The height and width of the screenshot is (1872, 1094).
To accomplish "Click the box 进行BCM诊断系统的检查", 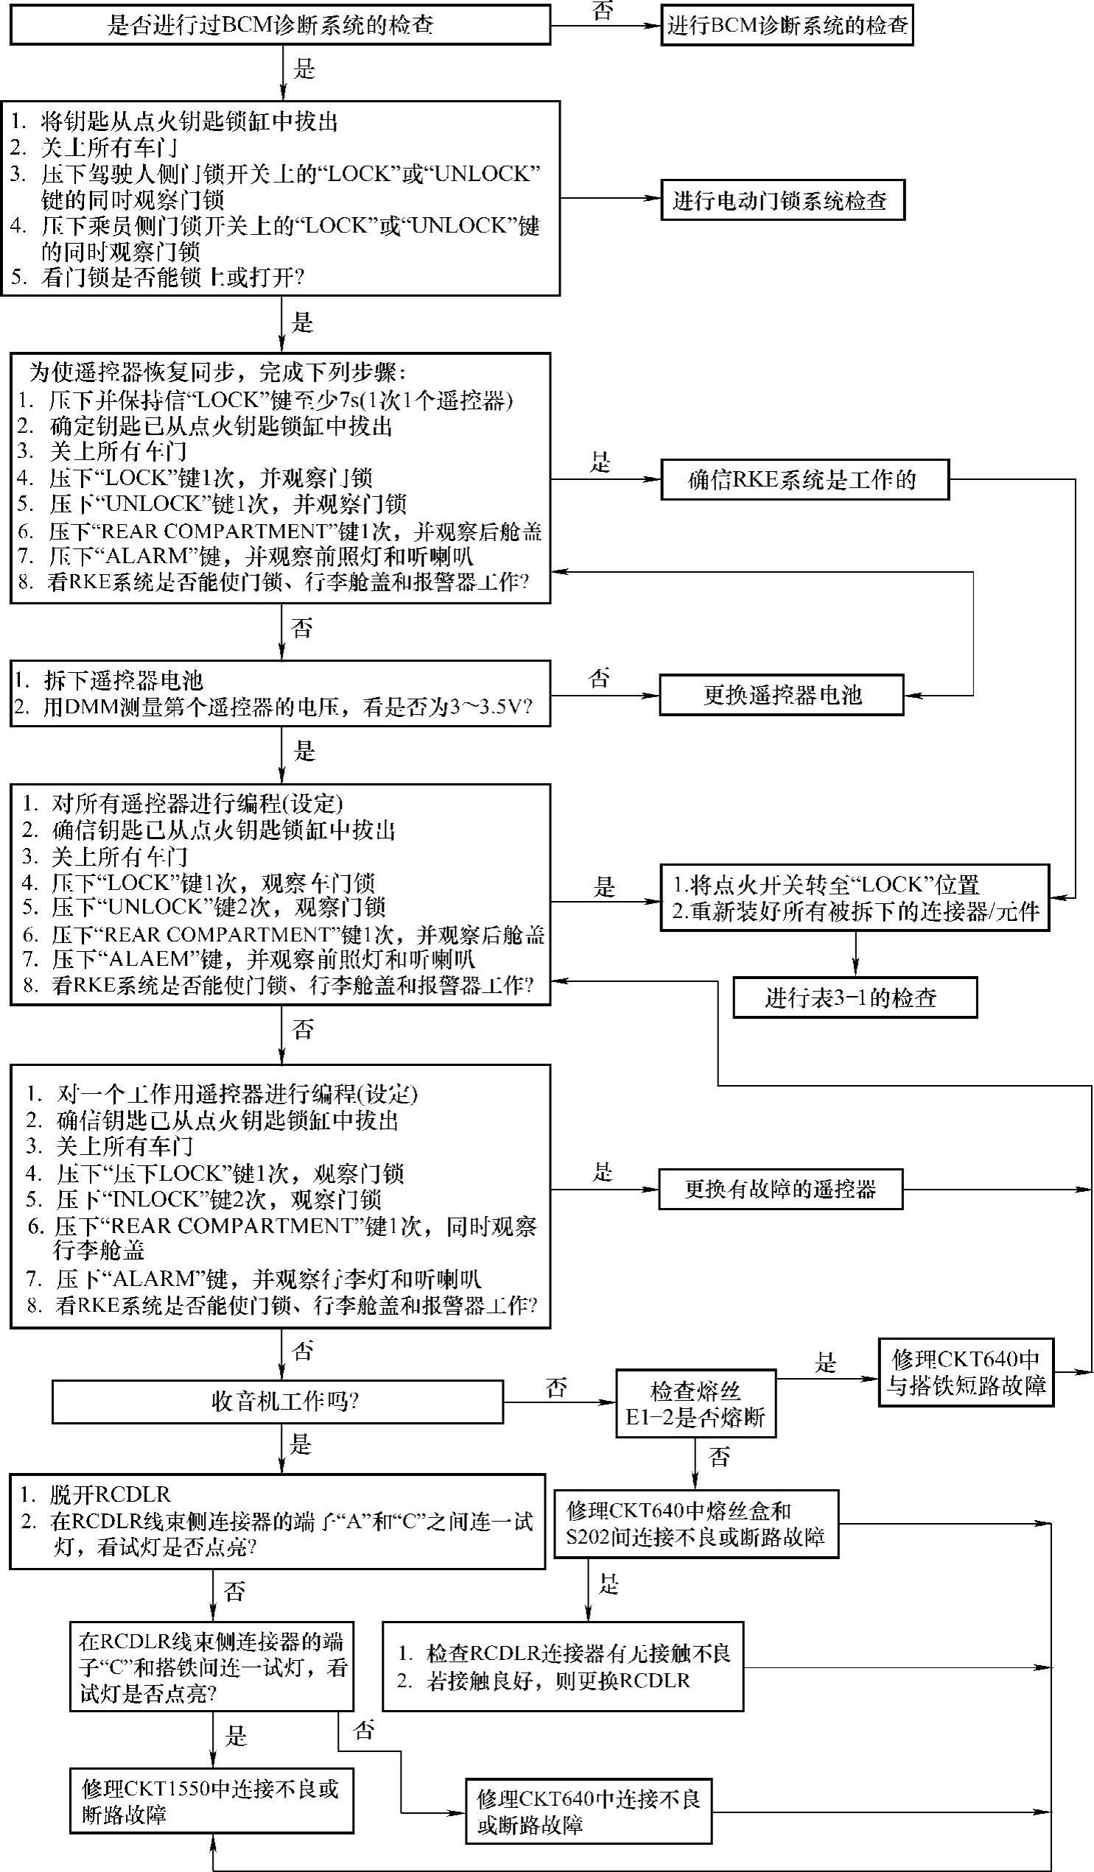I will click(x=786, y=26).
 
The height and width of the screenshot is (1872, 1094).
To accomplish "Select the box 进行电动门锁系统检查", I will click(x=782, y=199).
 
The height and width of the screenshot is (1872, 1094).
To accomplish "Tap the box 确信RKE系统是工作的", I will click(x=804, y=480).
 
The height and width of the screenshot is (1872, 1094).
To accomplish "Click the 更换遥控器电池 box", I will click(x=781, y=695).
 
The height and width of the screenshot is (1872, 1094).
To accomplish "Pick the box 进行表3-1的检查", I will click(x=855, y=997).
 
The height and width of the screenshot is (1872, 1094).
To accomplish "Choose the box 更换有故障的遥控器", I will click(x=780, y=1190).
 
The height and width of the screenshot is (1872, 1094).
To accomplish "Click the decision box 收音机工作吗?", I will click(x=277, y=1402).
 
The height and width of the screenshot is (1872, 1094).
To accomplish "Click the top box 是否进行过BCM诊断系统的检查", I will click(x=279, y=25).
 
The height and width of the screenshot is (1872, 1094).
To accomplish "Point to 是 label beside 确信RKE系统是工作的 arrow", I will click(x=600, y=463).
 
